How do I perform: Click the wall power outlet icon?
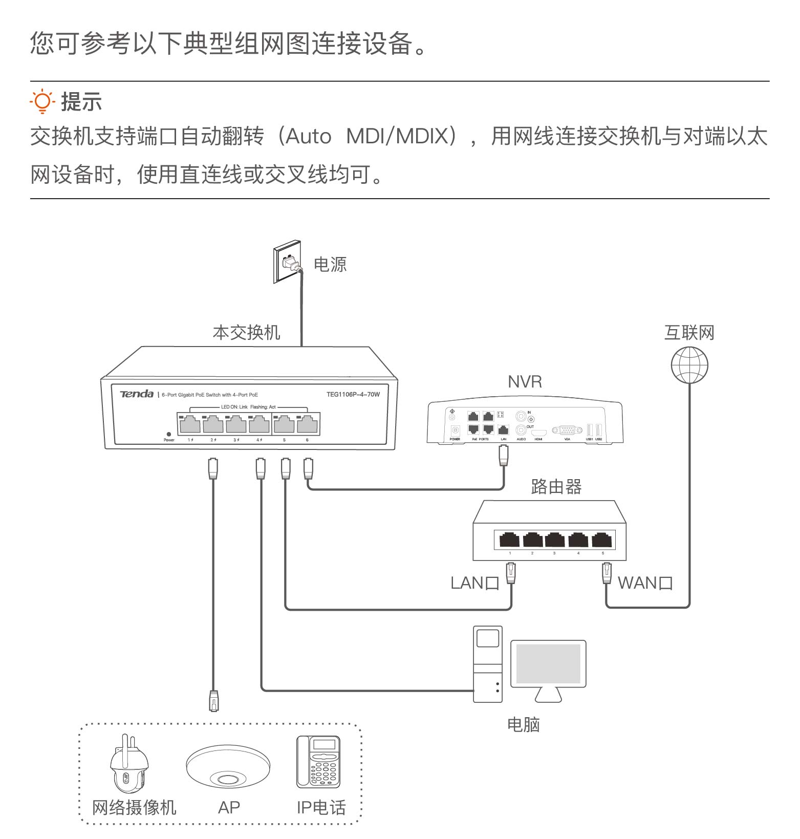click(287, 262)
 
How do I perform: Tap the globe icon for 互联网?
click(689, 365)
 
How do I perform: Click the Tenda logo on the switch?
click(137, 394)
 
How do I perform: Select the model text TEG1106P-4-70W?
click(353, 394)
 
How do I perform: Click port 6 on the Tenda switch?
click(307, 424)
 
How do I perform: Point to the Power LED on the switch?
click(169, 434)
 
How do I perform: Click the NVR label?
click(525, 381)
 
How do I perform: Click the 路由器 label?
click(556, 486)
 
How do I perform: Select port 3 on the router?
click(555, 540)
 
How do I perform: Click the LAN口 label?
click(474, 583)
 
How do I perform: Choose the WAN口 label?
click(645, 583)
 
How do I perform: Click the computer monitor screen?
click(548, 663)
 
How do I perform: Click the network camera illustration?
click(128, 765)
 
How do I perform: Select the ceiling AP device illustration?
click(228, 766)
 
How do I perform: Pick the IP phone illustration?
click(318, 762)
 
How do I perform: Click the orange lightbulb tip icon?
click(42, 101)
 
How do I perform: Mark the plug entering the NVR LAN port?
click(504, 455)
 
